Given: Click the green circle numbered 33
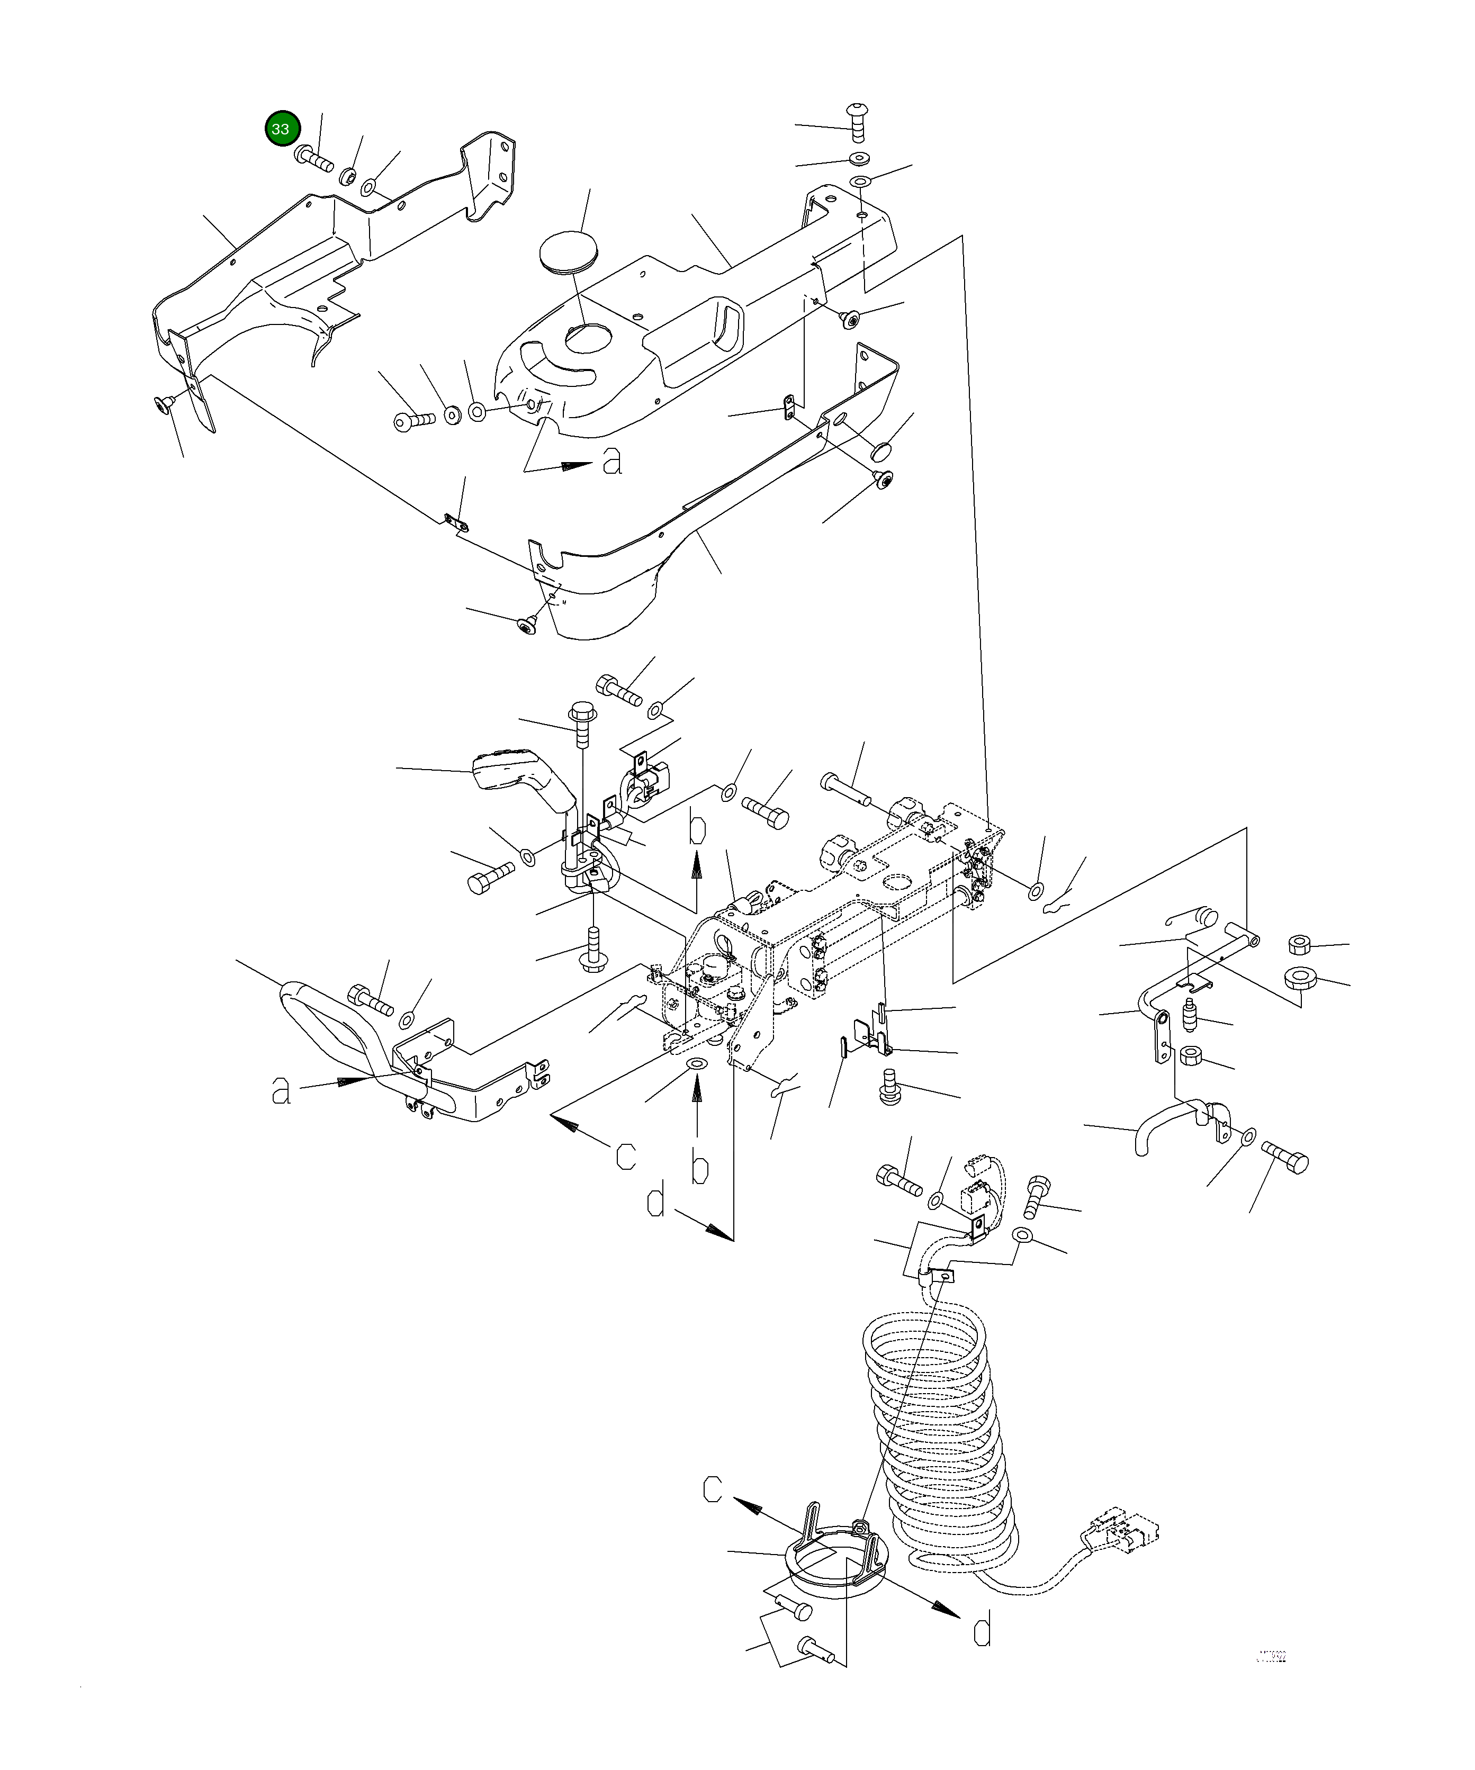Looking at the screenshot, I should tap(281, 129).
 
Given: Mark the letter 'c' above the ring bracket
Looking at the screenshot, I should tap(712, 1490).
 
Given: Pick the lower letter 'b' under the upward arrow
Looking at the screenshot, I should tap(699, 1167).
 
